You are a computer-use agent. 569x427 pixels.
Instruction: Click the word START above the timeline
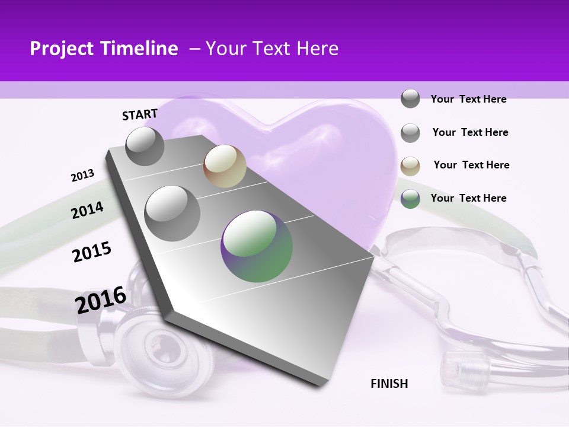[x=140, y=114]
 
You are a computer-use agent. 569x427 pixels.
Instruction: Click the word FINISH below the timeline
[x=389, y=384]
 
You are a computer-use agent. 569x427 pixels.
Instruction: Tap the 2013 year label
[x=83, y=176]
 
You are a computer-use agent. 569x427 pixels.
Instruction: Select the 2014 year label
[x=87, y=210]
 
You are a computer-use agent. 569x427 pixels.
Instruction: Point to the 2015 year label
[x=92, y=252]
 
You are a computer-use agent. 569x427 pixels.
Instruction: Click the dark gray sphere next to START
[x=145, y=146]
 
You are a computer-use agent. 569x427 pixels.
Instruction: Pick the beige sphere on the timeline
[x=225, y=166]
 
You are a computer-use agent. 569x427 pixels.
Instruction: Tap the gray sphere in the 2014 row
[x=172, y=213]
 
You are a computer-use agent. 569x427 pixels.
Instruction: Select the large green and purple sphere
[x=257, y=246]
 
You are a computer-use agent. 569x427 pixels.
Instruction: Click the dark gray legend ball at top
[x=410, y=98]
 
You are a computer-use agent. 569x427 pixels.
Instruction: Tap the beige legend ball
[x=410, y=165]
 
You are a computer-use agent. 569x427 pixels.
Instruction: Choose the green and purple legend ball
[x=410, y=199]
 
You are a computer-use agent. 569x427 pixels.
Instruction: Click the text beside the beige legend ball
[x=471, y=165]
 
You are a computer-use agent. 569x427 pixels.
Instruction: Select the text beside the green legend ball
[x=468, y=198]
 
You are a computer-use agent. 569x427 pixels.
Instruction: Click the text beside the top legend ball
[x=468, y=99]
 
